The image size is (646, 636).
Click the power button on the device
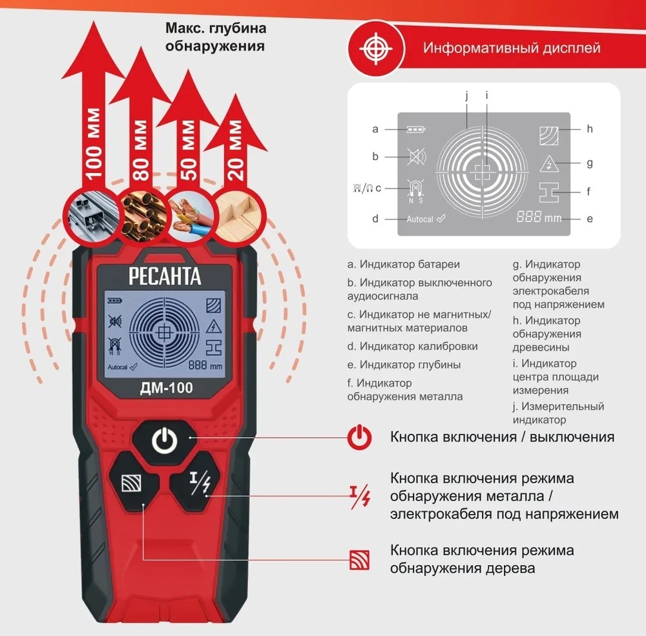[x=164, y=440]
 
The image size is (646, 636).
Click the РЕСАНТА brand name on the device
[x=165, y=276]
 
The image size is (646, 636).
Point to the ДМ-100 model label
[x=167, y=387]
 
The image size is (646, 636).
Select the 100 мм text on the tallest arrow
[x=94, y=144]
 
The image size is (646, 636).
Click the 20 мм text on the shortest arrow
[x=235, y=150]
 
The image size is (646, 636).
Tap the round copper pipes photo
[x=142, y=217]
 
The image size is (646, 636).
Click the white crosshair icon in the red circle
[x=376, y=48]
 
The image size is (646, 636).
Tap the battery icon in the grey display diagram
[x=415, y=129]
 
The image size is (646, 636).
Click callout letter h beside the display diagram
[x=590, y=129]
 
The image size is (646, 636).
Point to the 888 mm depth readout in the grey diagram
[x=539, y=217]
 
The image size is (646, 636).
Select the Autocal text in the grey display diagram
[x=420, y=219]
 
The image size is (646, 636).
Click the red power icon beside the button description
[x=359, y=437]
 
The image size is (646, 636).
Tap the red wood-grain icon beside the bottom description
[x=359, y=560]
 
